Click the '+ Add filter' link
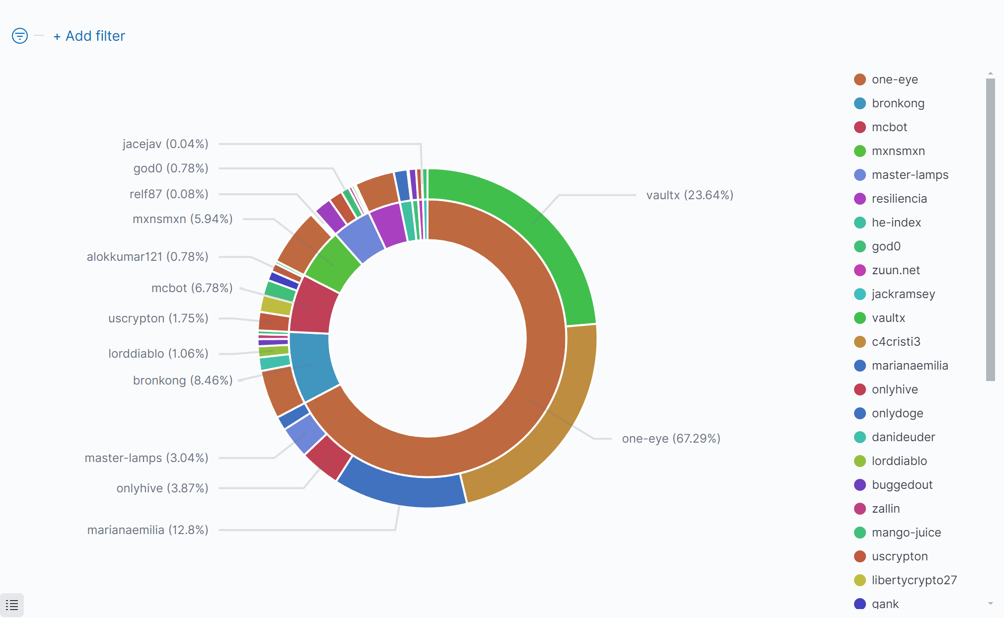[89, 36]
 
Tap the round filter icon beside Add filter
[20, 36]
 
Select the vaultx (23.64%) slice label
[689, 195]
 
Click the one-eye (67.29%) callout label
[670, 439]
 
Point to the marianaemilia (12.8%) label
[147, 530]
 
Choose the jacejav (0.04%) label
[165, 144]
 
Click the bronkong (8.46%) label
[183, 381]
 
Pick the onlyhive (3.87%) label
[162, 488]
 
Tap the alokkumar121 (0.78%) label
[147, 257]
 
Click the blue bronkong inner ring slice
[312, 365]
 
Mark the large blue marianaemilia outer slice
[402, 489]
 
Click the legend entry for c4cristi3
[896, 342]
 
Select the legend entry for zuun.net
[895, 270]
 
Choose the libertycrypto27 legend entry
[914, 580]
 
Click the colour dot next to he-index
[860, 223]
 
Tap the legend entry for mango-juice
[906, 533]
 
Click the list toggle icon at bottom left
[12, 605]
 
